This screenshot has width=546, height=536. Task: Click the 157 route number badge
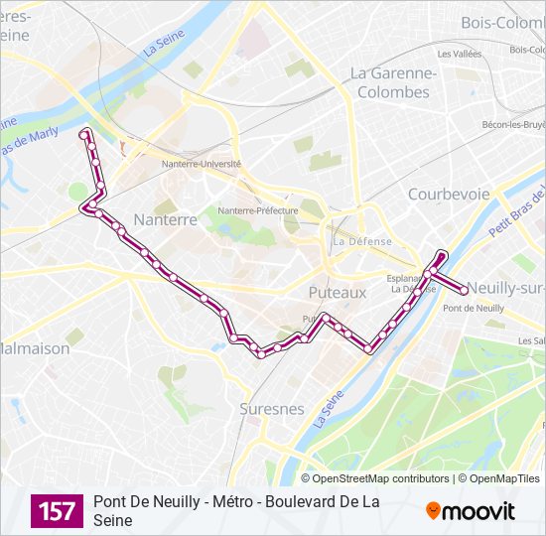(x=57, y=511)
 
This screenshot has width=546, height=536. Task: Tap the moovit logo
(x=471, y=511)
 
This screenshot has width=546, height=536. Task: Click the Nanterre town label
(x=166, y=219)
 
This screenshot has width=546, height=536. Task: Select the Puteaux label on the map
(x=337, y=293)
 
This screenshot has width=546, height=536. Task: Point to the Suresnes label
(x=271, y=408)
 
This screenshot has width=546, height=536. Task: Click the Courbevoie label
(x=449, y=194)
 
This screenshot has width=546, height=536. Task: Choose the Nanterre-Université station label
(x=207, y=165)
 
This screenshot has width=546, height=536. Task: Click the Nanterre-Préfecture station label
(x=258, y=210)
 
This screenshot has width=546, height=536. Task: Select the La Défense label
(x=362, y=241)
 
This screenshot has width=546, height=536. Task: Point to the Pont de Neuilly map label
(x=474, y=309)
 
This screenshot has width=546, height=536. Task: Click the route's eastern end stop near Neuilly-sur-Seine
(x=464, y=291)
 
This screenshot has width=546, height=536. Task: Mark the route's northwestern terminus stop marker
(x=84, y=132)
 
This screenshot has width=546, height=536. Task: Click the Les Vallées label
(x=459, y=54)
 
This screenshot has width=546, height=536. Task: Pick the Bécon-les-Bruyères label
(x=514, y=124)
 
